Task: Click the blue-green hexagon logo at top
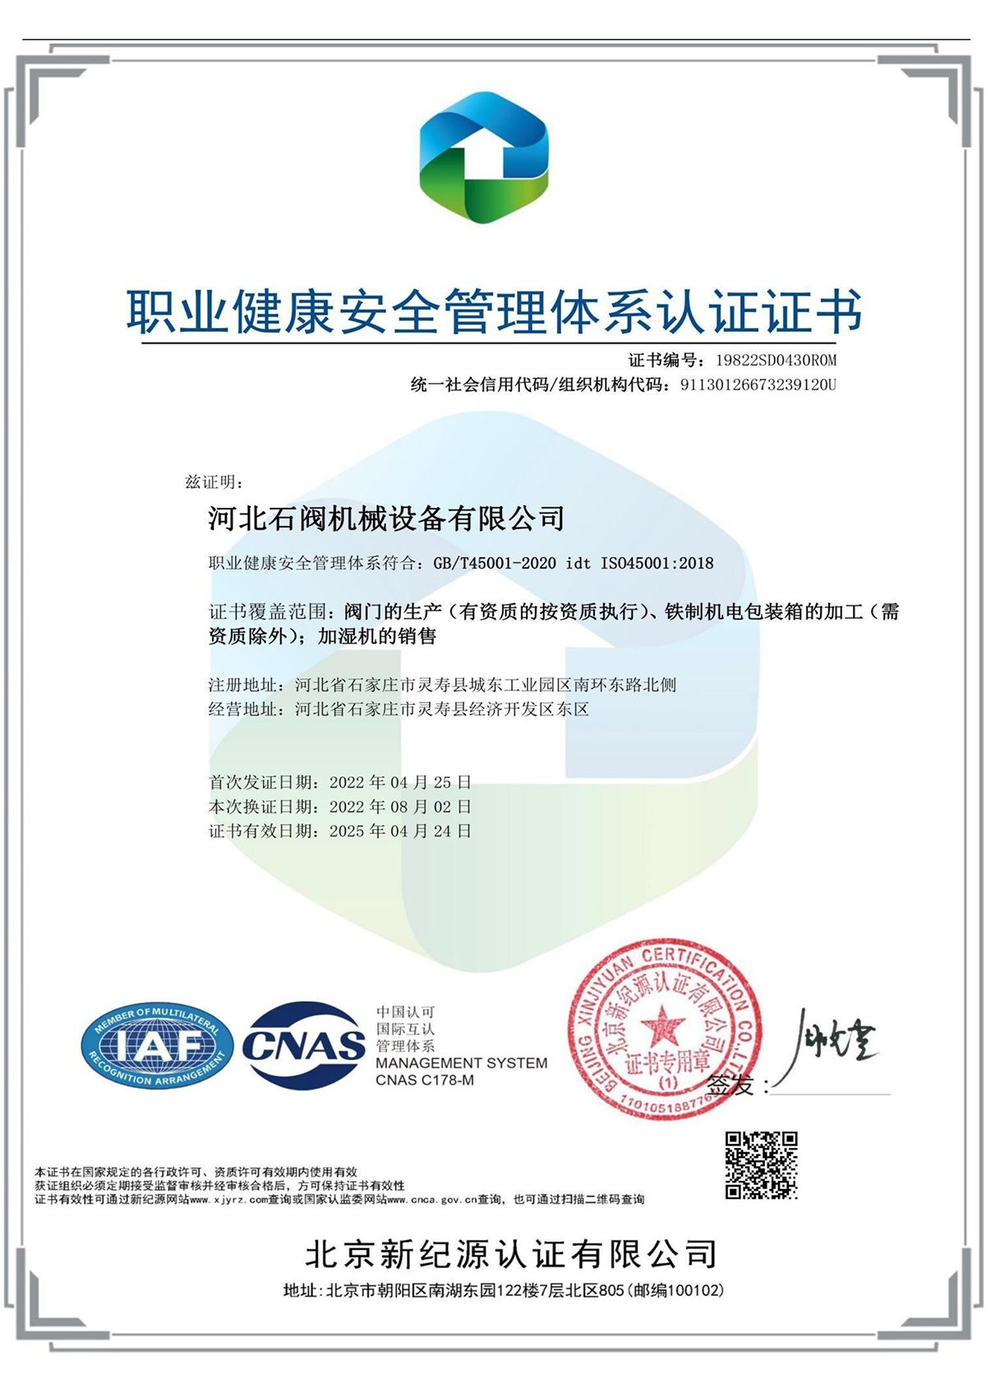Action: (483, 158)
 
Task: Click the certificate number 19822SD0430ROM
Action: (776, 360)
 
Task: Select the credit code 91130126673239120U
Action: (758, 385)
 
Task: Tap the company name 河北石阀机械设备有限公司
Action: (386, 519)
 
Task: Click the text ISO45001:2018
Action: (657, 564)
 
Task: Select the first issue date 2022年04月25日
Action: (400, 782)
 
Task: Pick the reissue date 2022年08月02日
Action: (400, 807)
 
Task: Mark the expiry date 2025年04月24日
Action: (400, 832)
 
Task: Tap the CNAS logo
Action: (305, 1045)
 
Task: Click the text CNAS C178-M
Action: (425, 1080)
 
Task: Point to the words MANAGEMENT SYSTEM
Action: (461, 1063)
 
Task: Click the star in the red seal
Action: (662, 1026)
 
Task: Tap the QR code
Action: (761, 1164)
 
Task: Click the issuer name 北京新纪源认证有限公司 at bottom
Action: (511, 1254)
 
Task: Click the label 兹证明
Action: (214, 482)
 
